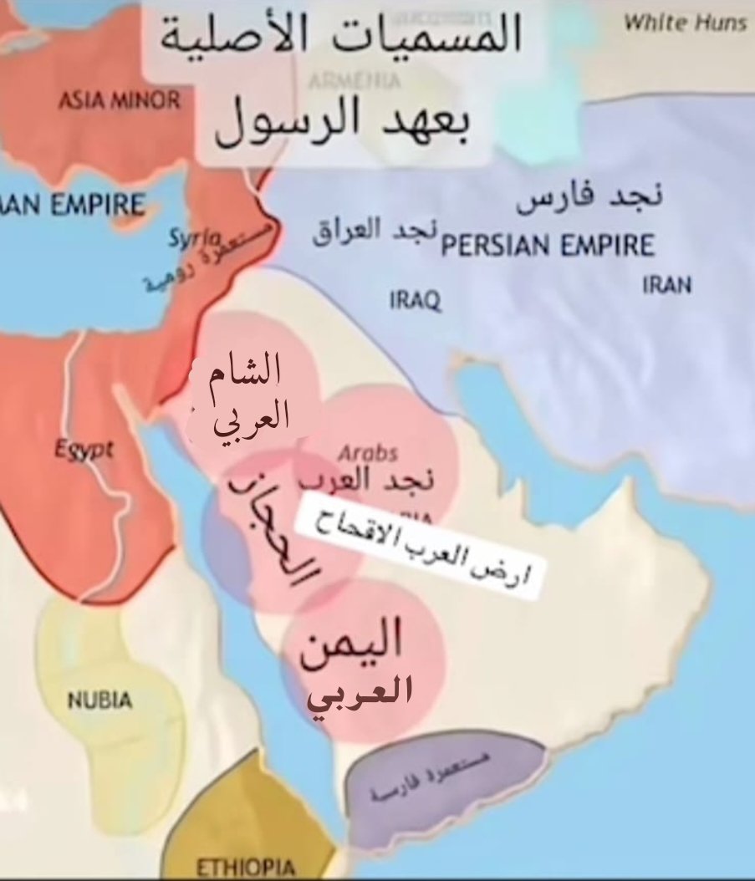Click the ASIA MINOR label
click(119, 101)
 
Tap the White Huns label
click(685, 23)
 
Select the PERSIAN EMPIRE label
click(548, 246)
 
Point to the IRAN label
click(666, 285)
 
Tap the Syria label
click(194, 238)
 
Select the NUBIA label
click(99, 700)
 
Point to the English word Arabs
click(368, 453)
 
